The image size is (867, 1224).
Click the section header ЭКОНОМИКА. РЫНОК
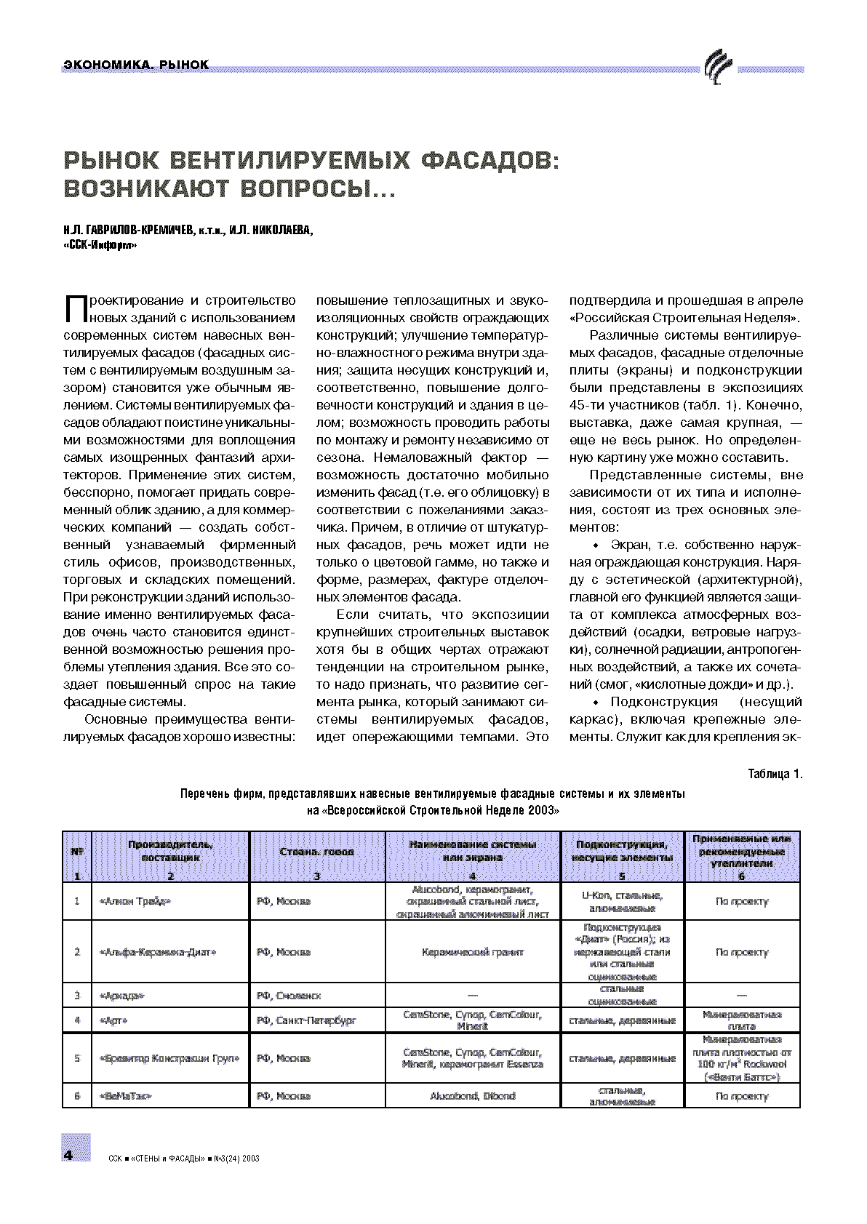click(x=137, y=65)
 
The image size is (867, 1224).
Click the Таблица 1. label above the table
click(x=775, y=774)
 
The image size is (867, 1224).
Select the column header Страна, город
click(x=316, y=852)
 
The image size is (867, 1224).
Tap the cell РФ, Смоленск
click(x=289, y=995)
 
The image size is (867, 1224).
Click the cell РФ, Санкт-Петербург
click(x=306, y=1020)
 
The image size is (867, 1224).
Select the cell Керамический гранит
click(x=473, y=952)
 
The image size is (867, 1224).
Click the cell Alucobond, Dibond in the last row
click(x=473, y=1095)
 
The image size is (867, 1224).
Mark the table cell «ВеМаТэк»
click(x=124, y=1095)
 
